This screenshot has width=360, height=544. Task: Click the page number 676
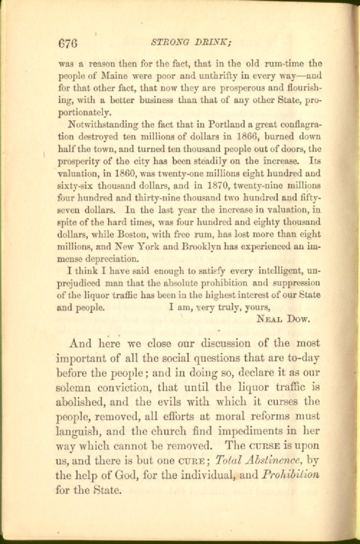68,43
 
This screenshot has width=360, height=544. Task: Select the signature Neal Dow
284,318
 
